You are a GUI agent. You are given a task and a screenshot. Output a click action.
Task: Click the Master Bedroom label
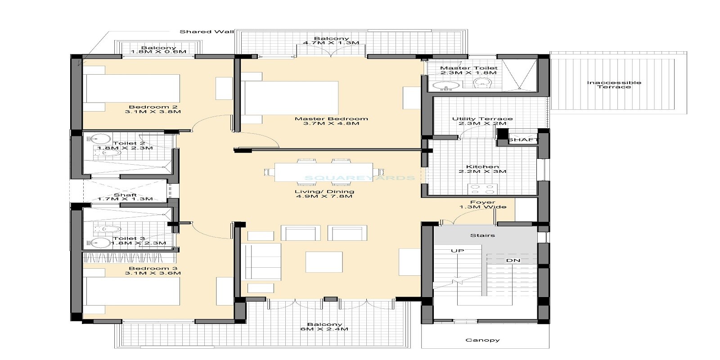tap(331, 119)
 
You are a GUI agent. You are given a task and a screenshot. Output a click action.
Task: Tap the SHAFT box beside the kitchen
tap(523, 140)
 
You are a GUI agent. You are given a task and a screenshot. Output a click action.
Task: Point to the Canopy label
tap(482, 340)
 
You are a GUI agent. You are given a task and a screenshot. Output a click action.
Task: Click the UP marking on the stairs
tap(457, 251)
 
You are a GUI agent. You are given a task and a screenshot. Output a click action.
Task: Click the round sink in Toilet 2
tap(104, 138)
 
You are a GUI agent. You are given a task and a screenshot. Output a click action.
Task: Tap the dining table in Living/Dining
tap(323, 171)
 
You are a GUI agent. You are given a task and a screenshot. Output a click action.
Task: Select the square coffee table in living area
tap(324, 261)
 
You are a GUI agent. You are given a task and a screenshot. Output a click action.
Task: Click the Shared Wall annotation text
tap(207, 31)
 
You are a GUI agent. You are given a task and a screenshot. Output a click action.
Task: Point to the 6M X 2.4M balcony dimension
tap(324, 329)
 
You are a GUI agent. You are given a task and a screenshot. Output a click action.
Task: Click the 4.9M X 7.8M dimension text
tap(324, 196)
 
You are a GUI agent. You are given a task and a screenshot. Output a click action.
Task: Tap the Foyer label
tap(482, 202)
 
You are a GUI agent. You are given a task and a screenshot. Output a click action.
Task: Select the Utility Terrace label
tap(482, 119)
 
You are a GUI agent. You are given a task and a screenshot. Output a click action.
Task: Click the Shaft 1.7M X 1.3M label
tap(125, 197)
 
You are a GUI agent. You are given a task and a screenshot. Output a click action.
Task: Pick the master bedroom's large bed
tap(290, 98)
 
